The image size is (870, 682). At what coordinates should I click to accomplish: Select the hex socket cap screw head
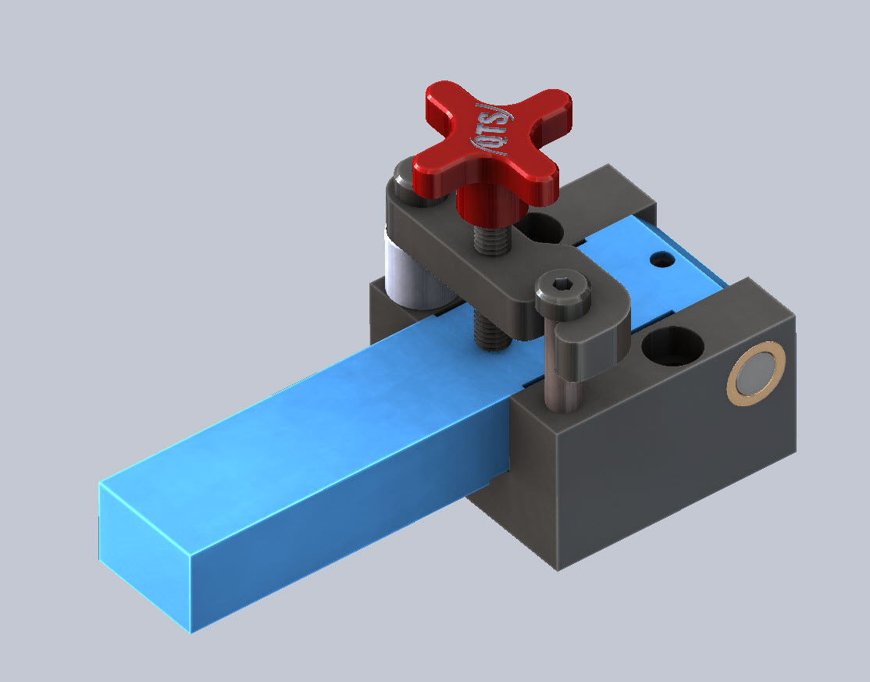562,291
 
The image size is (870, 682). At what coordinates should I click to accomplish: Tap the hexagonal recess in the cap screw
562,287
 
